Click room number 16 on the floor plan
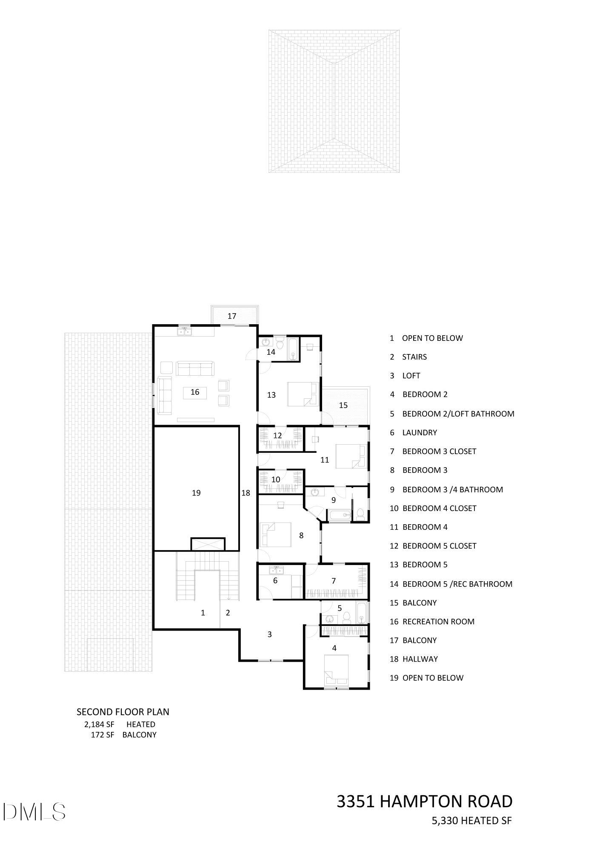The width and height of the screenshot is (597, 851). [195, 392]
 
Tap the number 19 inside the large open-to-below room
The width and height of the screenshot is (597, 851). [196, 493]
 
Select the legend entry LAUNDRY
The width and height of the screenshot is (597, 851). [420, 432]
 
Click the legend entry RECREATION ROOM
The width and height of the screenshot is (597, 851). [438, 621]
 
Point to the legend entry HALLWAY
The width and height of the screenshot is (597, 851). [420, 659]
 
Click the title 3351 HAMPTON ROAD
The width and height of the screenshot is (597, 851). [424, 801]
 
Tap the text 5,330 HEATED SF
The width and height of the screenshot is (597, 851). [471, 820]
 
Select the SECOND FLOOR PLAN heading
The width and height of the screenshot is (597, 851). [123, 711]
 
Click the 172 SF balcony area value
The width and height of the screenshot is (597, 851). [103, 734]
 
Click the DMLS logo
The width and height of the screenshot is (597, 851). [34, 811]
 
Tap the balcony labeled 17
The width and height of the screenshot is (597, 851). [232, 316]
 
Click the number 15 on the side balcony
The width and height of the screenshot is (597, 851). [343, 405]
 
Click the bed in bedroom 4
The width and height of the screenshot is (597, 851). [336, 670]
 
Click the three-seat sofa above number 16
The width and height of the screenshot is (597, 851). [195, 369]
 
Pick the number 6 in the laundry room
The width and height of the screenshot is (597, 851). [275, 580]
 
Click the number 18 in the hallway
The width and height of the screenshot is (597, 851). [246, 493]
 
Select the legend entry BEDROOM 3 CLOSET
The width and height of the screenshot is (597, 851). [439, 451]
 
